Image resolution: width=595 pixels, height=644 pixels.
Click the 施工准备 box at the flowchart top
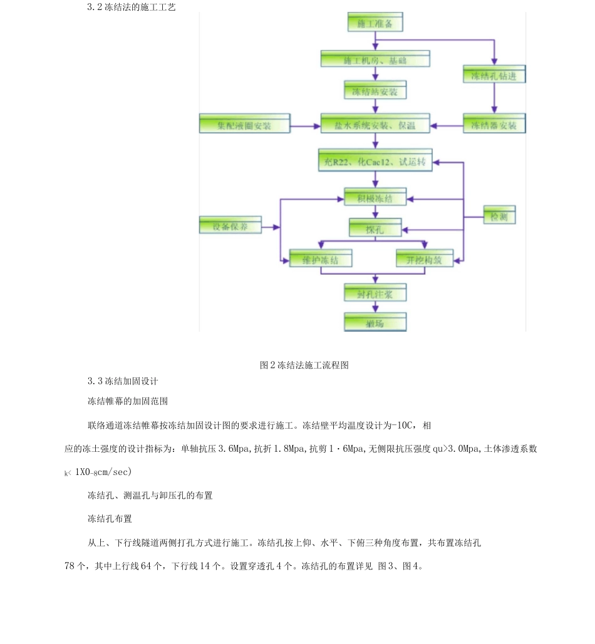pyautogui.click(x=375, y=23)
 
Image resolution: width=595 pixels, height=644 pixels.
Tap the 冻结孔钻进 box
pyautogui.click(x=494, y=74)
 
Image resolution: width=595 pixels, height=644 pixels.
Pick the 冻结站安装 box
pyautogui.click(x=375, y=91)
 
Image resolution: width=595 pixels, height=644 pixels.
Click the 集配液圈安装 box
pyautogui.click(x=244, y=124)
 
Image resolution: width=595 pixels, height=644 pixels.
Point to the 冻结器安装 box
pyautogui.click(x=494, y=124)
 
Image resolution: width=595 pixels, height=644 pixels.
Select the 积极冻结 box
pyautogui.click(x=375, y=197)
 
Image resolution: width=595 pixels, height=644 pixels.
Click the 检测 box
pyautogui.click(x=499, y=215)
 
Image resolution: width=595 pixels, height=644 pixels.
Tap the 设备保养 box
pyautogui.click(x=230, y=225)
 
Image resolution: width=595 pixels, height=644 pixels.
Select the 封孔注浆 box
pyautogui.click(x=375, y=292)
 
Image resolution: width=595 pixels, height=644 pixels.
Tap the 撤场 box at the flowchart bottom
pyautogui.click(x=375, y=322)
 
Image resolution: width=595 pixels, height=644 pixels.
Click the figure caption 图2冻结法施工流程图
pyautogui.click(x=304, y=365)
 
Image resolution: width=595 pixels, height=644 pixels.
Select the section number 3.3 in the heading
pyautogui.click(x=95, y=381)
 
